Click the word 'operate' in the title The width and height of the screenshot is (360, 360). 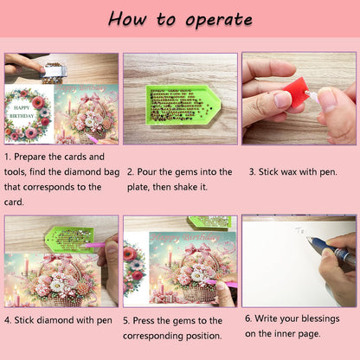point(219,20)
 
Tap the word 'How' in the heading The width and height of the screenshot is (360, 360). point(127,19)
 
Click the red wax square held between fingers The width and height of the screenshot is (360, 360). point(295,92)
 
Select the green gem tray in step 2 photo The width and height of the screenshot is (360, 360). point(183,105)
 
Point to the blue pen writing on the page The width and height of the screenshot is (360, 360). point(331,250)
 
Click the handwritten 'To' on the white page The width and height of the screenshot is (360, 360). point(299,230)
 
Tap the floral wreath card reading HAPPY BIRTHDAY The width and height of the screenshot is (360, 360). point(29,114)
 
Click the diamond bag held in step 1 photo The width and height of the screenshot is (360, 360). point(54,72)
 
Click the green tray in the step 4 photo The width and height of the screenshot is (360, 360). point(70,239)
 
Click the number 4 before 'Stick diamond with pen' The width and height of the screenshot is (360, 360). point(8,320)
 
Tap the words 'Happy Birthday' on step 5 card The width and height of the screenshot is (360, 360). point(185,237)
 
